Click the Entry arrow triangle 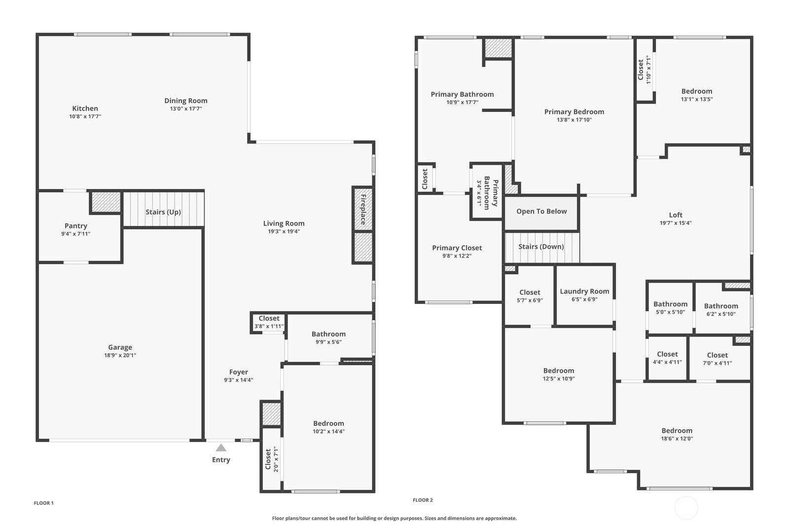point(221,448)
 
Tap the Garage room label point(120,347)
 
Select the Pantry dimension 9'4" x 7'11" point(76,234)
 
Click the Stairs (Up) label point(163,212)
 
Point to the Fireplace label point(363,209)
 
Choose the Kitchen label point(85,108)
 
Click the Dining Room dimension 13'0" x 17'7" point(186,109)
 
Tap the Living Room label point(284,223)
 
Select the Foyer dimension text point(239,380)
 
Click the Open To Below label point(542,211)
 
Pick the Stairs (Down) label point(541,246)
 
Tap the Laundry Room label point(584,291)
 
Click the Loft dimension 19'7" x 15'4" point(676,223)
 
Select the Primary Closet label point(457,248)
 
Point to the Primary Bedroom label point(574,112)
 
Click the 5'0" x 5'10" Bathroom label point(670,304)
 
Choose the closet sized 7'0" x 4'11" point(717,355)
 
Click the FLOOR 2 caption point(423,500)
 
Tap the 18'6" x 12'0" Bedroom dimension point(677,439)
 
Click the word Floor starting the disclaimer point(278,518)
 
